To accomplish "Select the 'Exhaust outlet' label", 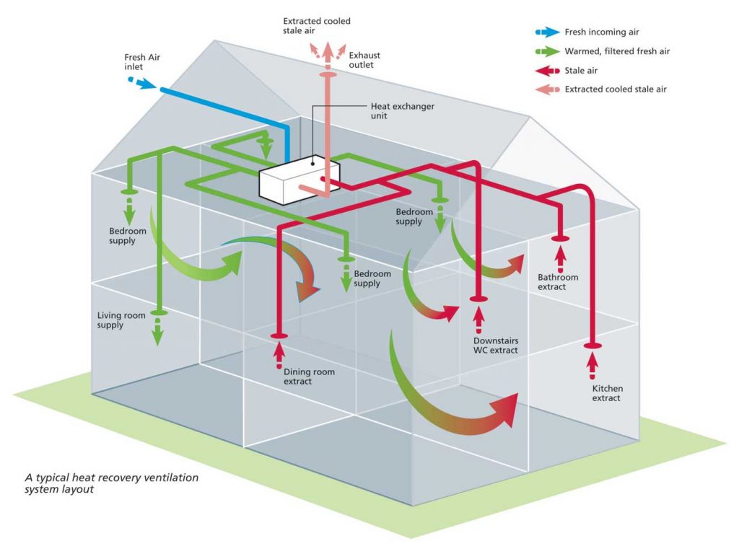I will [364, 60].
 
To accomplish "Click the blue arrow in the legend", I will [547, 32].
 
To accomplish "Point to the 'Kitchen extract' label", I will [606, 393].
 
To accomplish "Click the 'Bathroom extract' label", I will [558, 282].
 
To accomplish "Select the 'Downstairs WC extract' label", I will [496, 345].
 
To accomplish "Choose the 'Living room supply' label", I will [121, 320].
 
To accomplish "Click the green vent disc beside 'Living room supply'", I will [157, 313].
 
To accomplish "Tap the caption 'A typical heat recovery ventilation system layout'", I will [112, 483].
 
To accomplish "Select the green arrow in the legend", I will [547, 51].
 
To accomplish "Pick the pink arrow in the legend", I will [547, 89].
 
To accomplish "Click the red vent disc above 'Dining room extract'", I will [279, 335].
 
